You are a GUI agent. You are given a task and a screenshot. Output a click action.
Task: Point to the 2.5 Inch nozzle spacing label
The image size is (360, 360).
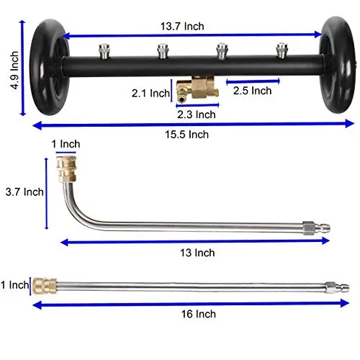[x=251, y=90]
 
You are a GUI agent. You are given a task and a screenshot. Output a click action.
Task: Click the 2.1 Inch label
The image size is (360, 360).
[x=149, y=94]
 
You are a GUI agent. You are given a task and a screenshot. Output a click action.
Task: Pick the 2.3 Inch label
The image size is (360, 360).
[x=196, y=113]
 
